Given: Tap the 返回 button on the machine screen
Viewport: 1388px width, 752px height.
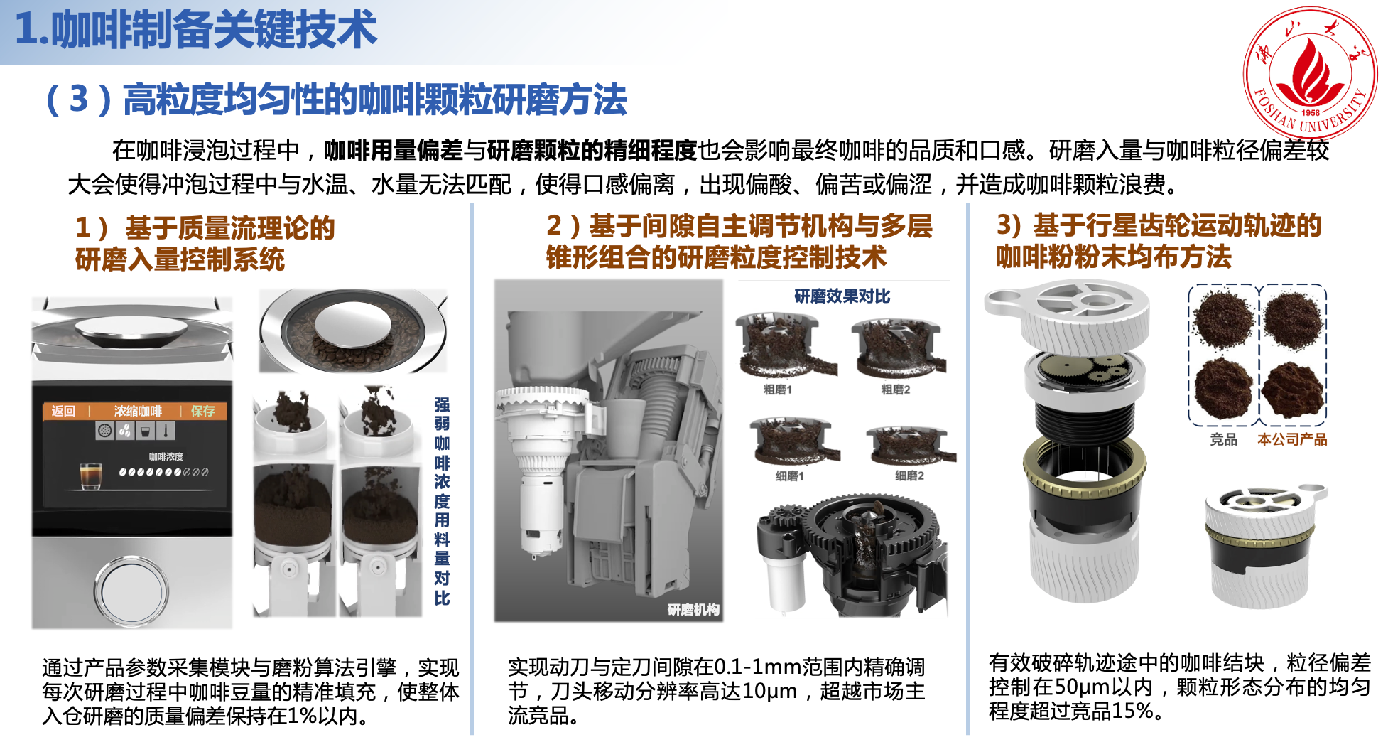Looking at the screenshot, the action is click(x=63, y=411).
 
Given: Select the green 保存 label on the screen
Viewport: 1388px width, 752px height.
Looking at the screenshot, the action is click(x=203, y=411).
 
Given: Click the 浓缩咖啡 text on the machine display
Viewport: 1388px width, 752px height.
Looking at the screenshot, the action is click(x=138, y=411).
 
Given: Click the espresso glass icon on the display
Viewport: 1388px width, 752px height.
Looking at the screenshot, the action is click(x=90, y=476).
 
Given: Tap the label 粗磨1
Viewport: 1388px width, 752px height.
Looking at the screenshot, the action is click(x=777, y=390).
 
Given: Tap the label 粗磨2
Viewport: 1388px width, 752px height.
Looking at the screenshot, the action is click(x=896, y=390).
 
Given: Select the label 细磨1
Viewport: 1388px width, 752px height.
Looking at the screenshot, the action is click(x=789, y=476).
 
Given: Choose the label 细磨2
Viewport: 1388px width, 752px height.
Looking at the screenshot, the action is click(x=909, y=476).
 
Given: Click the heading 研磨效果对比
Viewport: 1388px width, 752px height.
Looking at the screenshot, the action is click(x=842, y=296).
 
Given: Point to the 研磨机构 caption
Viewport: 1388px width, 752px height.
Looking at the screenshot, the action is click(x=693, y=609).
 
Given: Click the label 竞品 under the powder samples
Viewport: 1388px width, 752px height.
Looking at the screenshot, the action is click(x=1224, y=439).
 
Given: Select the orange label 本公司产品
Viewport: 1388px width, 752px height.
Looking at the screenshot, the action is click(x=1292, y=439).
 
